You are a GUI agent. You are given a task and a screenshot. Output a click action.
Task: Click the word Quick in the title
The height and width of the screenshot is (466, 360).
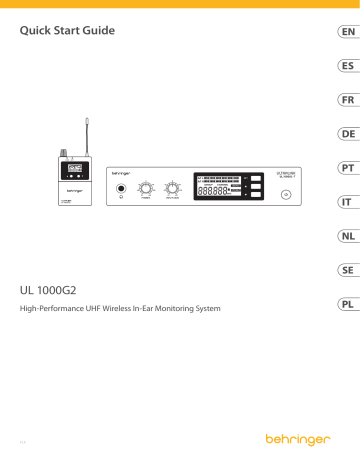pyautogui.click(x=40, y=31)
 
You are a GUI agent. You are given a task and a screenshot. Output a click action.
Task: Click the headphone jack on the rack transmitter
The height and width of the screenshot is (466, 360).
pyautogui.click(x=122, y=190)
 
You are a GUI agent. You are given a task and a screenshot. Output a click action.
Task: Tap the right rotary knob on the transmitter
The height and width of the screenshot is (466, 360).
pyautogui.click(x=173, y=188)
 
